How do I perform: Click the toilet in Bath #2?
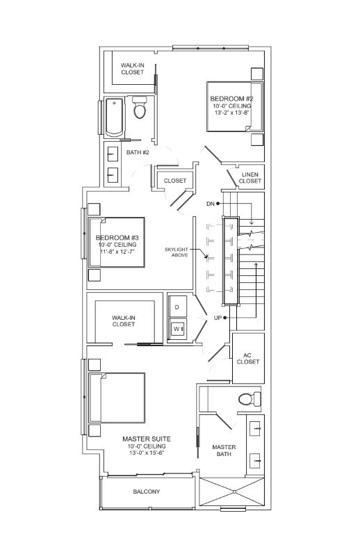140,107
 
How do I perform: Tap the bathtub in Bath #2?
115,117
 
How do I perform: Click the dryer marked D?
177,307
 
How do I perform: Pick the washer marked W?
177,329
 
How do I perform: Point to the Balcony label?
147,492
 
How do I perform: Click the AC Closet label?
248,358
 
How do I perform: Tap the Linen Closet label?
250,178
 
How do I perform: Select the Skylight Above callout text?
177,252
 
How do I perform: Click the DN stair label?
211,204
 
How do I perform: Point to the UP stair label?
218,318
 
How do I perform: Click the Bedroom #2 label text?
231,99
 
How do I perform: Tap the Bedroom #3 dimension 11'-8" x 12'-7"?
117,252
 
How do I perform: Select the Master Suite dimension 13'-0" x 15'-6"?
147,453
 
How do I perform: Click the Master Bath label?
224,450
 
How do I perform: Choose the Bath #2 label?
138,152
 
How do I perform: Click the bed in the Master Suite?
117,398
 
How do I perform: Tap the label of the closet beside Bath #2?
175,181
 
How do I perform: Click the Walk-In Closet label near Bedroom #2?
133,69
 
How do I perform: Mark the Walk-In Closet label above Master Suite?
124,320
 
